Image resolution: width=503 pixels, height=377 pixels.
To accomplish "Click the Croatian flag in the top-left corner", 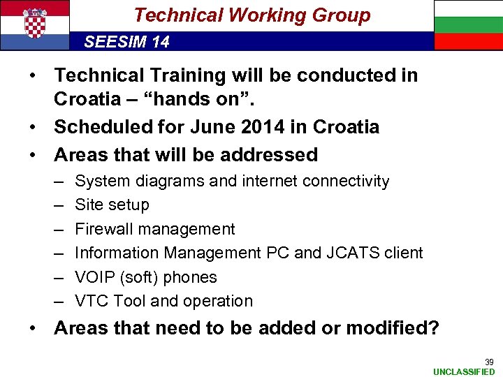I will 35,24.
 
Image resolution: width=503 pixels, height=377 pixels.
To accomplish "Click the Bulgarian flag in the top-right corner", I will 468,24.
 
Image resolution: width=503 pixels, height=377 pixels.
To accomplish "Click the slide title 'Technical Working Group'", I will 251,15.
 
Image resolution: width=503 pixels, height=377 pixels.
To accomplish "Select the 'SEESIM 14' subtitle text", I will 126,42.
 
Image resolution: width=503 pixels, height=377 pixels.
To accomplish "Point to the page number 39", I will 489,362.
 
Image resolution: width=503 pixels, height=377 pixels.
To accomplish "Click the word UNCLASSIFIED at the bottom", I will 464,371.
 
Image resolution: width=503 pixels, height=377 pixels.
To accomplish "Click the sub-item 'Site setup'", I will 112,205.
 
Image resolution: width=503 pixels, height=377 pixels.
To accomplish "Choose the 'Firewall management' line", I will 154,229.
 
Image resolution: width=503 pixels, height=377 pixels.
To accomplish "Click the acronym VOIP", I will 94,277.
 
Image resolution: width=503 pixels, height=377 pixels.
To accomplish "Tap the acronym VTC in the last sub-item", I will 92,301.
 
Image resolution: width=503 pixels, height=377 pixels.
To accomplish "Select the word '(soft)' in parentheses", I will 142,277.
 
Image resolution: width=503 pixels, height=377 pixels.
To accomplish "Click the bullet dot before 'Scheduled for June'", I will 39,127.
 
